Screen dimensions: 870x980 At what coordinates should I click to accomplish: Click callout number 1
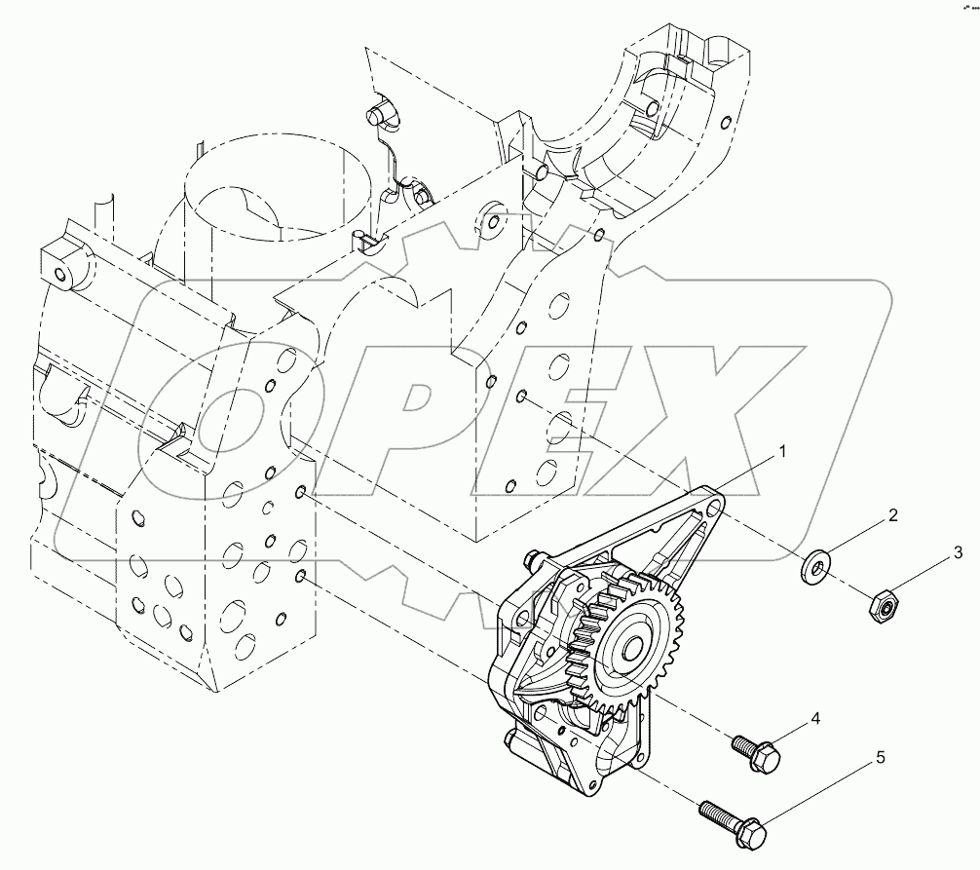click(x=781, y=452)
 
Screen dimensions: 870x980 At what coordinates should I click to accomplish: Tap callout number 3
click(x=958, y=553)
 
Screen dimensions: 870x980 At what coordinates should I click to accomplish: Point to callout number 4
click(x=815, y=719)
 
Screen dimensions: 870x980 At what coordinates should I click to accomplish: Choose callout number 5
click(x=880, y=757)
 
